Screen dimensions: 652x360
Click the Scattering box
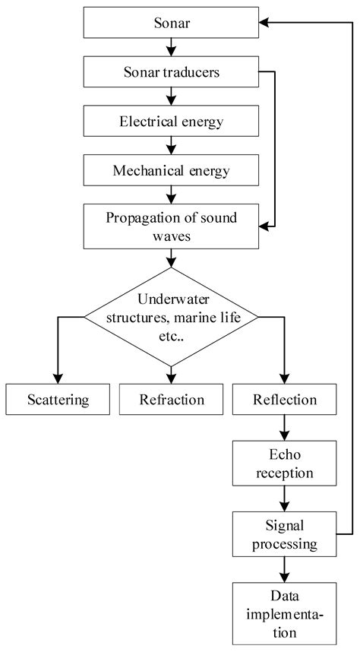[58, 399]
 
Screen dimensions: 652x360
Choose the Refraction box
[172, 399]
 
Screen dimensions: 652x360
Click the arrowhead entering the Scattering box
[58, 378]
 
